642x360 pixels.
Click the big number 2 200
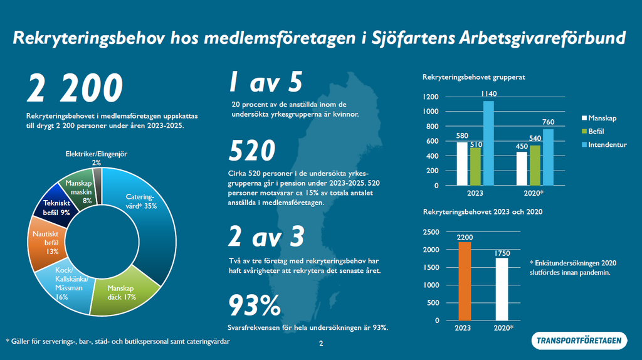(x=74, y=88)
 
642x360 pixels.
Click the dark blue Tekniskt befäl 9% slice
(x=58, y=206)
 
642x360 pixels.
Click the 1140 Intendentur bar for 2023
(x=488, y=143)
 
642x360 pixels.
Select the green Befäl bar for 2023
(x=475, y=166)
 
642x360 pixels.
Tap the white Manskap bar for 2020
(x=522, y=169)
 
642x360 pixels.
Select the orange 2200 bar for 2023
(x=464, y=281)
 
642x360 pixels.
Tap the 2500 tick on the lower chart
(x=432, y=232)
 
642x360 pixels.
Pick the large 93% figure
(x=254, y=306)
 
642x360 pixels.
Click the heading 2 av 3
(x=266, y=236)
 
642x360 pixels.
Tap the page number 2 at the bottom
(x=321, y=344)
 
